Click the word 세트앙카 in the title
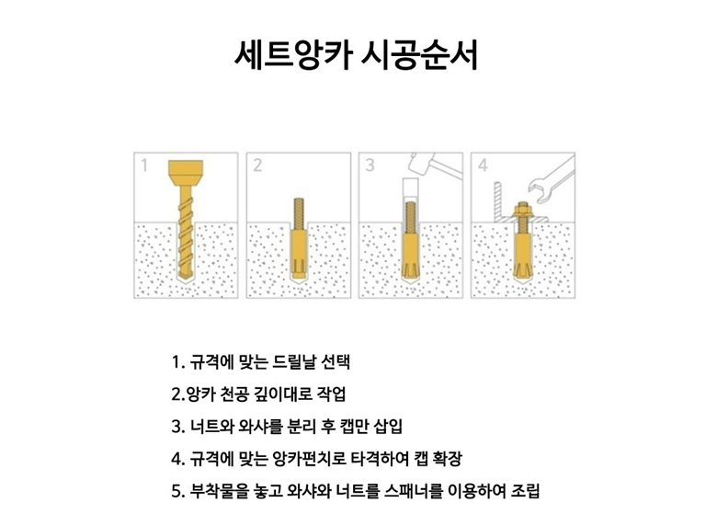click(x=293, y=55)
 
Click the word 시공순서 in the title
click(x=420, y=55)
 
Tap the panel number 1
click(x=144, y=166)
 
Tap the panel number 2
click(x=257, y=166)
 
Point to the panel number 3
click(x=370, y=166)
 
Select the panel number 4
click(x=483, y=166)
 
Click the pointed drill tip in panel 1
click(x=186, y=278)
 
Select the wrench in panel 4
click(x=552, y=178)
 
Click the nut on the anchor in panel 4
click(x=523, y=211)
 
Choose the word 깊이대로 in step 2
click(x=281, y=394)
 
